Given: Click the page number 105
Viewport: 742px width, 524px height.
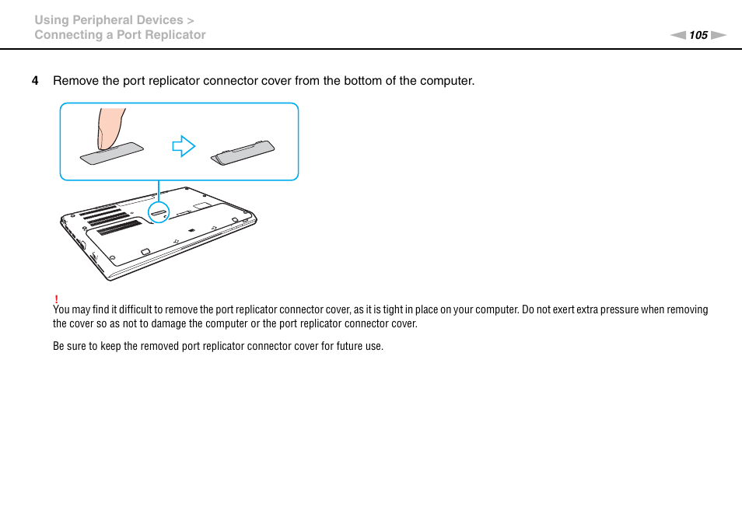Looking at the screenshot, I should click(x=698, y=35).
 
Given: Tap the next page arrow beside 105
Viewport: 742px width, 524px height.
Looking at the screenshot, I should click(x=718, y=35).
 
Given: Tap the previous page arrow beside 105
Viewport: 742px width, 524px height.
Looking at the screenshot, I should click(x=678, y=35).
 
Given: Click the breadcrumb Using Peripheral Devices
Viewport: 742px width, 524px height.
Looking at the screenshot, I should click(x=109, y=20).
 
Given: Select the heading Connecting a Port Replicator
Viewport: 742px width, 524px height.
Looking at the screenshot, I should click(x=120, y=35).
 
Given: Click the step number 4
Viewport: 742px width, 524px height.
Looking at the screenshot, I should click(x=34, y=81).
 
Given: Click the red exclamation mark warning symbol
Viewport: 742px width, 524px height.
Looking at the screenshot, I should click(x=57, y=299).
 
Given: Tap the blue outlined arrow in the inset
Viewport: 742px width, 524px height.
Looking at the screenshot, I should click(x=184, y=146).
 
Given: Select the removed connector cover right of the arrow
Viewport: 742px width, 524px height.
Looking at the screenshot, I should click(x=243, y=152).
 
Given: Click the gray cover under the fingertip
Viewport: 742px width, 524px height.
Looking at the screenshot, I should click(x=113, y=153).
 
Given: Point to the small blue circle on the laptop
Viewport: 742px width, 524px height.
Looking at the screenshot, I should click(x=159, y=211).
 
